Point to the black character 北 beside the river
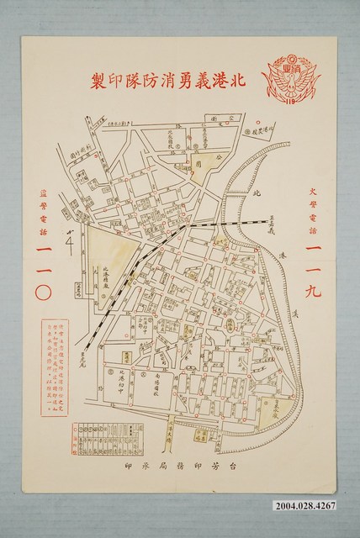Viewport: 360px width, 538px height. (257, 192)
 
